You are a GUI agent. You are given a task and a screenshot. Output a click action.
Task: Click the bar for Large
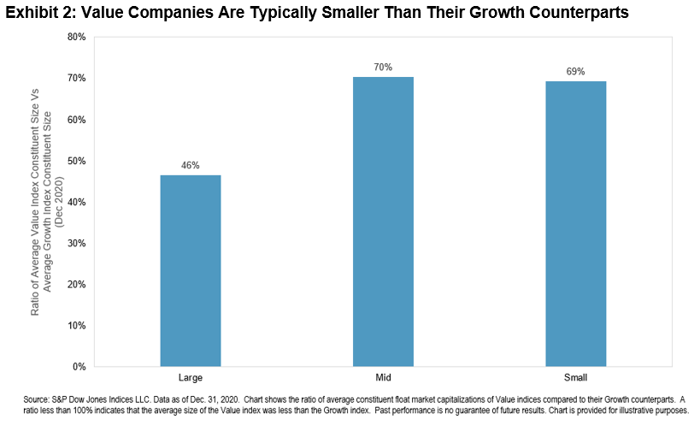(x=190, y=270)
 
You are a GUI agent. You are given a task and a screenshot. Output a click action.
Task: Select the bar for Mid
(x=383, y=221)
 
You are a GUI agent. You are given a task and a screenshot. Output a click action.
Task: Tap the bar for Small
(x=575, y=224)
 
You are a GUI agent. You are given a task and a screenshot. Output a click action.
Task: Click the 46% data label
(x=190, y=165)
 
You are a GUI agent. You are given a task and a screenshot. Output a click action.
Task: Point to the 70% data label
(x=383, y=67)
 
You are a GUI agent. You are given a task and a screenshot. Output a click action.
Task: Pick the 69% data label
(x=575, y=71)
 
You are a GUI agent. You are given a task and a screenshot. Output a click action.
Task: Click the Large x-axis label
(x=190, y=377)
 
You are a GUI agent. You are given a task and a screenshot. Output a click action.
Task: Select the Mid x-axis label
(x=383, y=377)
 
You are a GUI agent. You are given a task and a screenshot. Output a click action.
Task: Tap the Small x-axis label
(x=575, y=377)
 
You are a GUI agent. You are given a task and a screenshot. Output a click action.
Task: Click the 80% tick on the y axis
(x=77, y=38)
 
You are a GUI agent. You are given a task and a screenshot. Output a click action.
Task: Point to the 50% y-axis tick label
(x=77, y=161)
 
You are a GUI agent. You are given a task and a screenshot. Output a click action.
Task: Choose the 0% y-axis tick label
(x=79, y=366)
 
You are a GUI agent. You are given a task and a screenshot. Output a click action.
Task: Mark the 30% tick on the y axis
(x=77, y=243)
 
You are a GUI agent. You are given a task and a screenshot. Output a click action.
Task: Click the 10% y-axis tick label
(x=77, y=325)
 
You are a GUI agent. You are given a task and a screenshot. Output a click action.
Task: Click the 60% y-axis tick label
(x=77, y=120)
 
